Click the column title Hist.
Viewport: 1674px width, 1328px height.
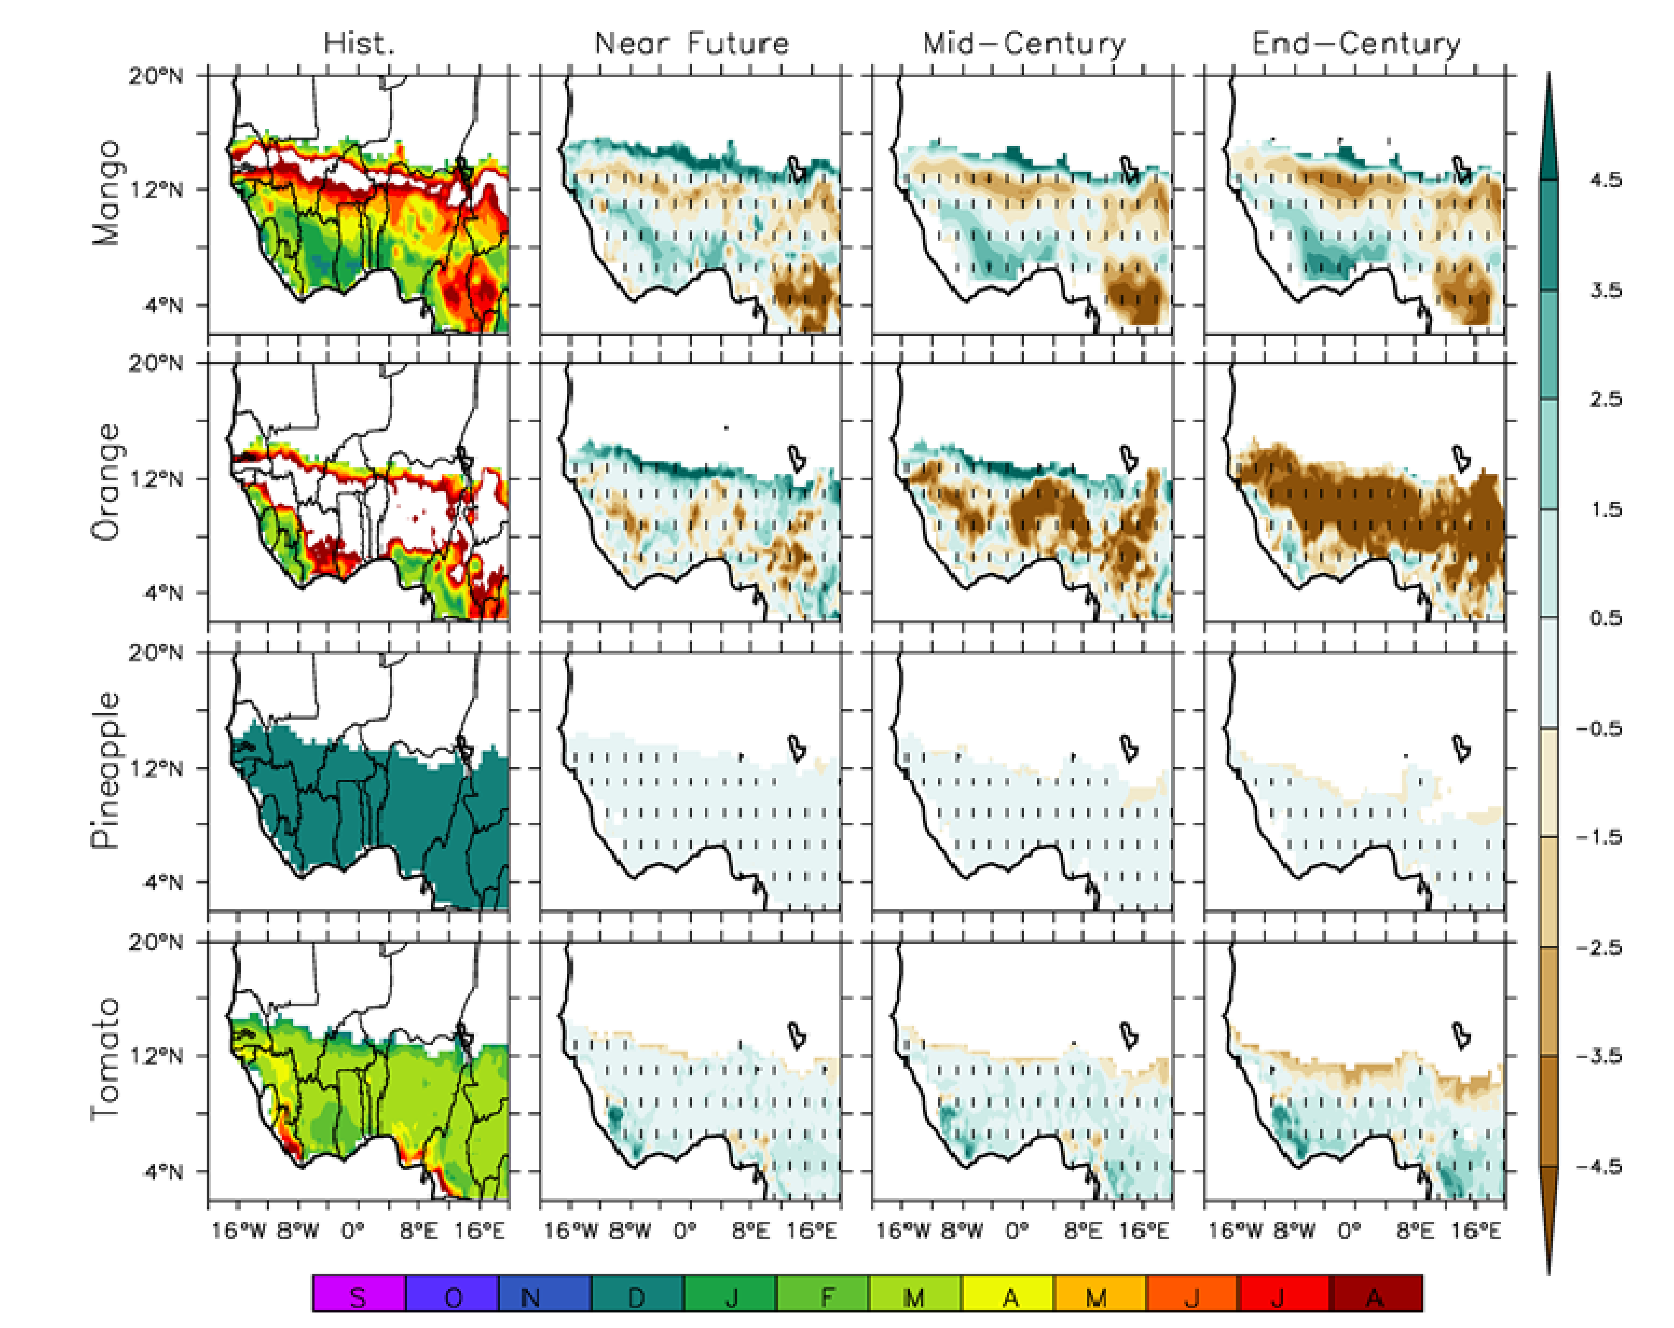(359, 44)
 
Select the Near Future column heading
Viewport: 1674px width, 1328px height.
(691, 44)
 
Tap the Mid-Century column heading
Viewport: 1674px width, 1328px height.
(1023, 44)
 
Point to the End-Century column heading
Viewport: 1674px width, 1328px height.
(1356, 44)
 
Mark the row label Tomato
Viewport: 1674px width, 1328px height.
(107, 1059)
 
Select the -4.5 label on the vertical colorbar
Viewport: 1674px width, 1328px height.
(1599, 1167)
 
